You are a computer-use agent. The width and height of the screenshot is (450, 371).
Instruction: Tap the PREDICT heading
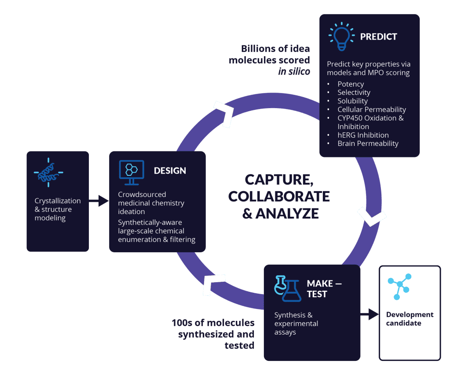(378, 37)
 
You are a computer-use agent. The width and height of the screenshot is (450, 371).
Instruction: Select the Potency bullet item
(351, 84)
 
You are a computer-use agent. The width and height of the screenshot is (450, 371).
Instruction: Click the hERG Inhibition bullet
(363, 135)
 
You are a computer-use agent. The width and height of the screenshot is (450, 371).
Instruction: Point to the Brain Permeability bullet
(368, 143)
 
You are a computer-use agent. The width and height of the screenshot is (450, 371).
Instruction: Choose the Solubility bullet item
(352, 101)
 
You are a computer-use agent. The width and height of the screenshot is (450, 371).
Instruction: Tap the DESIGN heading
(170, 171)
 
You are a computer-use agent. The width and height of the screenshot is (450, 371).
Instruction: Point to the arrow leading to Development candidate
(370, 314)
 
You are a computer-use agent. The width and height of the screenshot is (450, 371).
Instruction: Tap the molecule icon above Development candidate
(399, 287)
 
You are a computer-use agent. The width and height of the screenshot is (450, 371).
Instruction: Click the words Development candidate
(410, 319)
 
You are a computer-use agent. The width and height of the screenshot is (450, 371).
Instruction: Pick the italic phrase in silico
(294, 72)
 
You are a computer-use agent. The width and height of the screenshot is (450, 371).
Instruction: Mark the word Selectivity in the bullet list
(354, 92)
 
